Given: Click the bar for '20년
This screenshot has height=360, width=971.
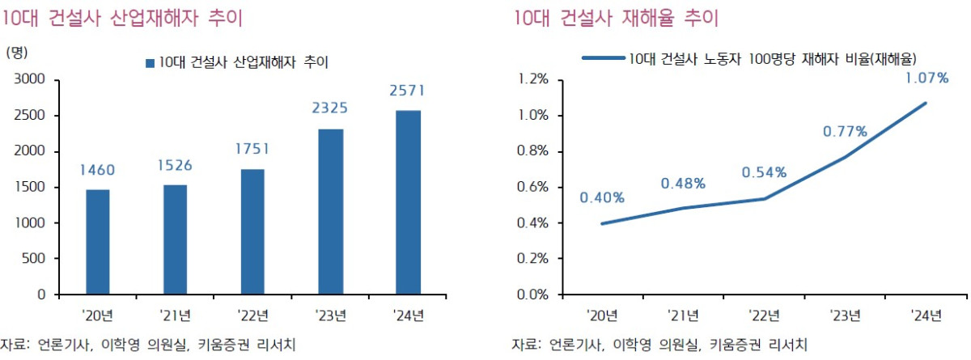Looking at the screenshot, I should tap(98, 242).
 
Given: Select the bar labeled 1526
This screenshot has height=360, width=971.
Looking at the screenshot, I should tap(175, 239).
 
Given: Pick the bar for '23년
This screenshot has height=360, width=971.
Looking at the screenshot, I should tap(330, 211).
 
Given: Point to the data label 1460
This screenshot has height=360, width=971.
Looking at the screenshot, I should tap(98, 170).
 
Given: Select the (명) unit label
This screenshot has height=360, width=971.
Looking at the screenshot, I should tap(17, 53).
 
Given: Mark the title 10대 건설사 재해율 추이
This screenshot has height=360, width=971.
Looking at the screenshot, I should tap(616, 18).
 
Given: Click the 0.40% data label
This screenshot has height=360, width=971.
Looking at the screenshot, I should tap(601, 197).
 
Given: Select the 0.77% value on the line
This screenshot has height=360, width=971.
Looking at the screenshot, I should tap(844, 131).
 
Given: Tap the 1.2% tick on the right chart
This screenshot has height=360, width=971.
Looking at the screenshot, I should tap(535, 80).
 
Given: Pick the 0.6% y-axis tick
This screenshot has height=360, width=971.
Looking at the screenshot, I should tap(535, 188).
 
